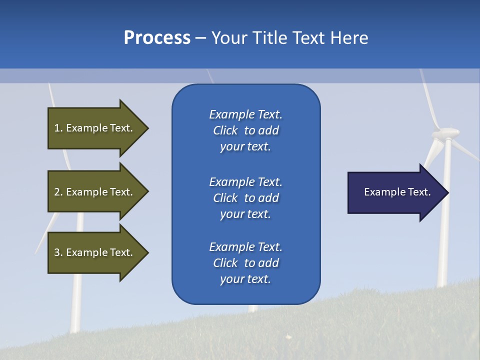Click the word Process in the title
[157, 38]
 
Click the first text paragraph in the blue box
[245, 130]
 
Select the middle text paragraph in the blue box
[245, 197]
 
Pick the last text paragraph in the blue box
[245, 263]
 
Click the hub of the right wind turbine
[446, 133]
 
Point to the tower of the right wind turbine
[444, 225]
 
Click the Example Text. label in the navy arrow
[397, 192]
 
